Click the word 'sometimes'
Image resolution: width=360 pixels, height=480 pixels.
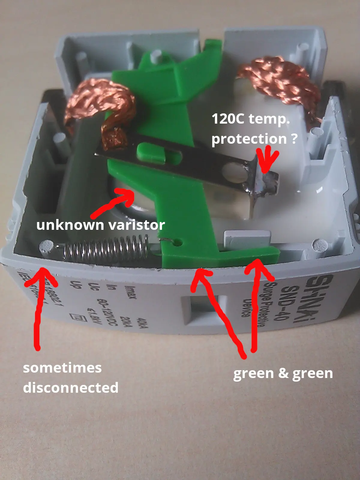click(62, 368)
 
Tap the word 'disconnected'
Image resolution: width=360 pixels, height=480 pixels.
click(71, 388)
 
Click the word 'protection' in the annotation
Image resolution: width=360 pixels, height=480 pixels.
click(249, 139)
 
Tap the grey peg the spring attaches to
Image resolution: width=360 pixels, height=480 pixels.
click(47, 247)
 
